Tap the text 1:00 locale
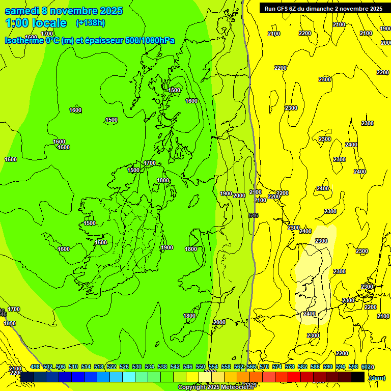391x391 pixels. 36,23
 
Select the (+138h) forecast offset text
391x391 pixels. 90,23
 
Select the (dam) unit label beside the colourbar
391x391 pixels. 377,378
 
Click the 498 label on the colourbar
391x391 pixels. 35,367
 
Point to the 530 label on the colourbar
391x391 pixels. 137,367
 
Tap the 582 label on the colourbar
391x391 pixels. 302,367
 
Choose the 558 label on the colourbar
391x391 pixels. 226,367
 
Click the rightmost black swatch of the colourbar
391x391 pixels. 358,377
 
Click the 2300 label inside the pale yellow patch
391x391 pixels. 321,241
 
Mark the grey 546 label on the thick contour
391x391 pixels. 254,216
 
